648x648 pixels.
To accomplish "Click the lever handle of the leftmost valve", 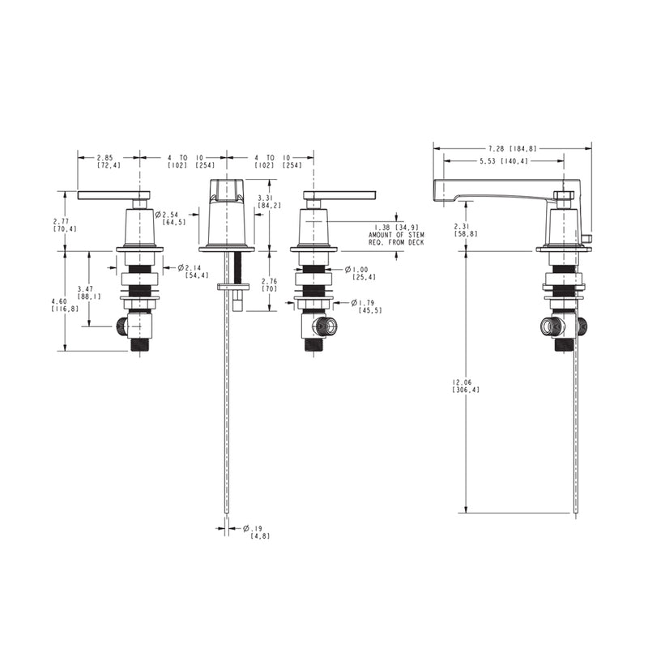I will [x=113, y=195].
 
